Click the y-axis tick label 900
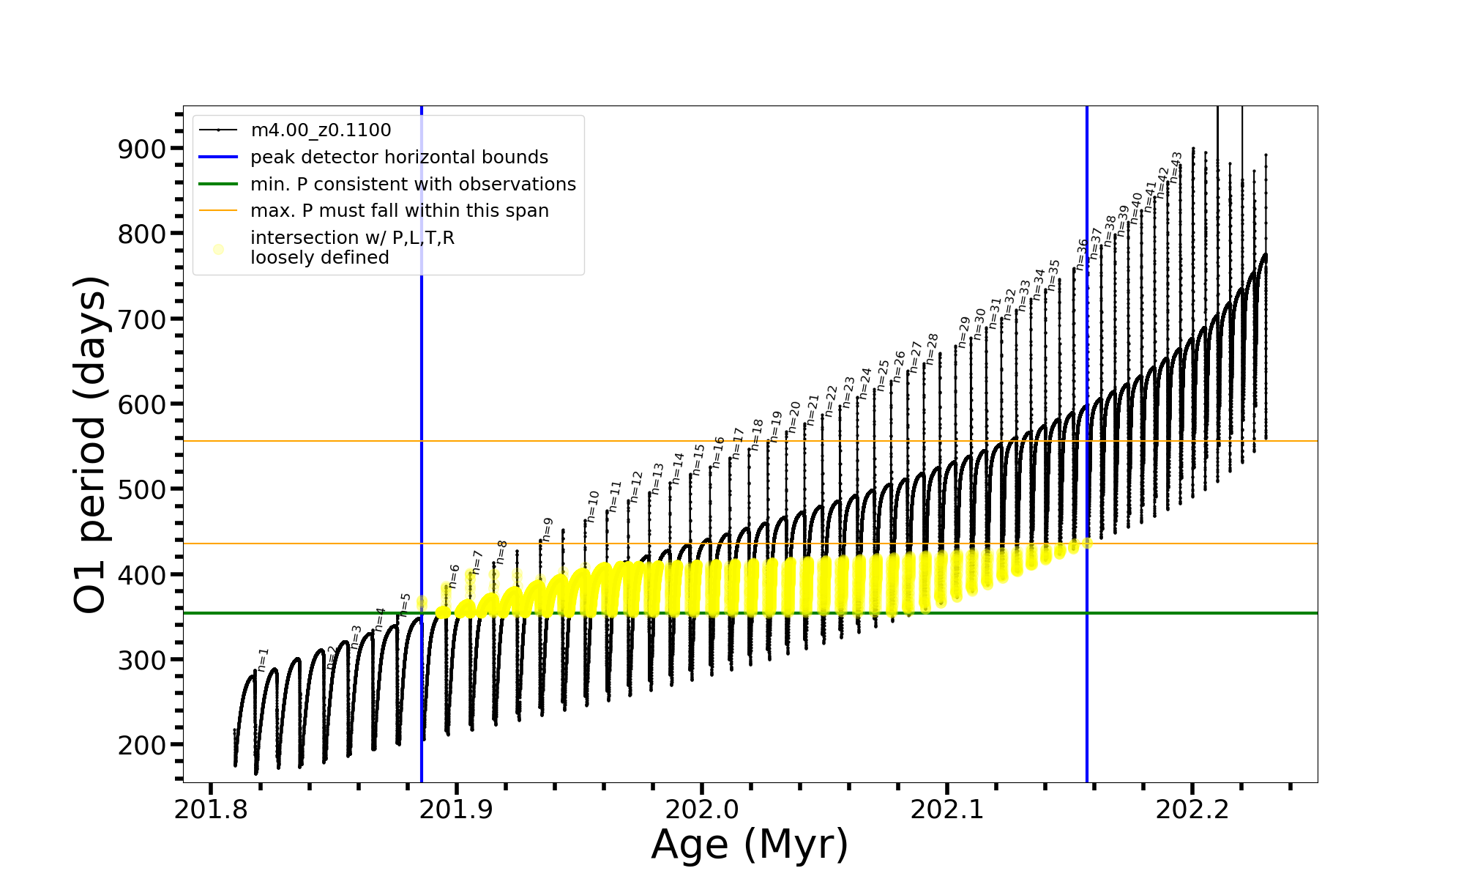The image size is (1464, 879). coord(142,149)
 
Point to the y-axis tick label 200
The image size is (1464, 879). coord(142,745)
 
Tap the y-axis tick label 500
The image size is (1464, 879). coord(142,489)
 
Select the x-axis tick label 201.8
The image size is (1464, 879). coord(211,809)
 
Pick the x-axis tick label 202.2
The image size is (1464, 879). coord(1192,809)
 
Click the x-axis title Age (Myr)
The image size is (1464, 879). coord(750,844)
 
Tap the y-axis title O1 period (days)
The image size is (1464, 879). coord(91,444)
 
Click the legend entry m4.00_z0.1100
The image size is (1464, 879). coord(321,130)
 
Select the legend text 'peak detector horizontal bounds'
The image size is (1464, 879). coord(399,157)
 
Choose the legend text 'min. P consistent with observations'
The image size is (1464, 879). coord(413,184)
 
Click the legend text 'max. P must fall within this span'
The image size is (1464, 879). coord(399,211)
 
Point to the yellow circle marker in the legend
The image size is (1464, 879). coord(218,249)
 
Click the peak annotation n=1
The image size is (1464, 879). coord(263,659)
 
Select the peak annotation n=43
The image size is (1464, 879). coord(1176,167)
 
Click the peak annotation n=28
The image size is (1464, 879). coord(932,349)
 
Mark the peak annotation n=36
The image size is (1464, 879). coord(1081,254)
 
